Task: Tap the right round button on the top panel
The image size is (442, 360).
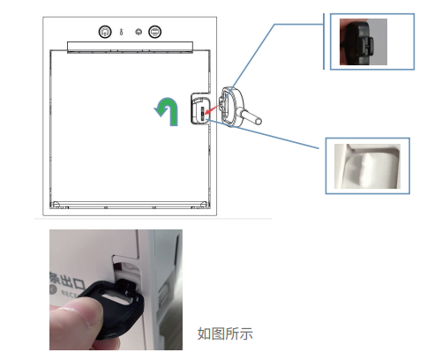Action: tap(154, 31)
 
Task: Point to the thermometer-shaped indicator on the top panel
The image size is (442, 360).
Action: tap(121, 31)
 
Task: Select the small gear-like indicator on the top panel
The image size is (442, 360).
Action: tap(138, 31)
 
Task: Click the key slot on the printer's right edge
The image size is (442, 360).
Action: tap(204, 110)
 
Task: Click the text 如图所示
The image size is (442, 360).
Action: tap(225, 334)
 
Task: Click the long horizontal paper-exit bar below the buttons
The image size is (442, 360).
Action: tap(129, 45)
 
